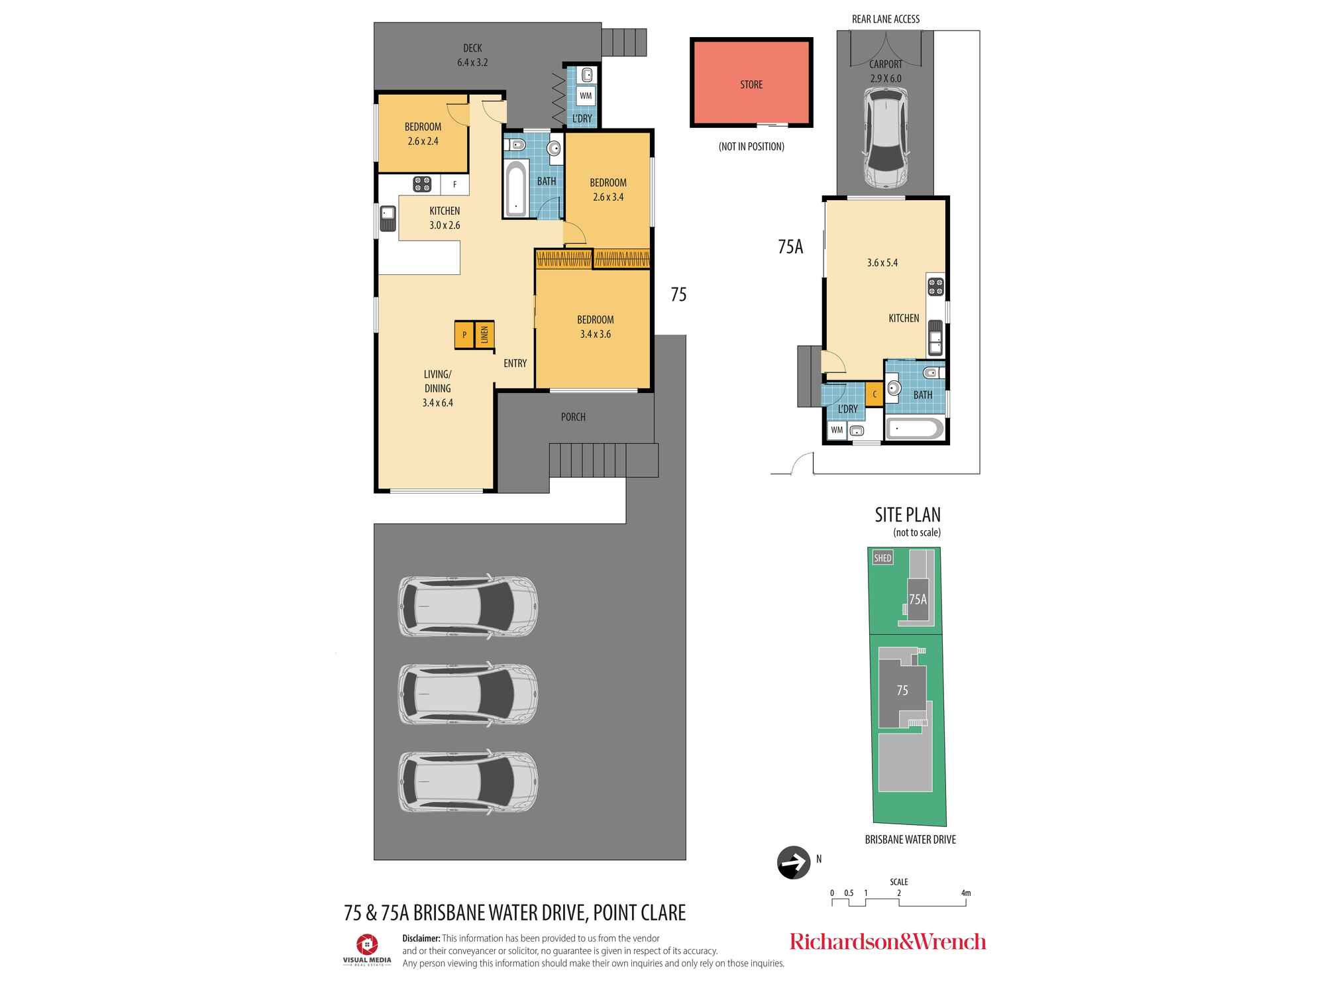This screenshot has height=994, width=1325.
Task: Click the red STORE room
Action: pos(751,83)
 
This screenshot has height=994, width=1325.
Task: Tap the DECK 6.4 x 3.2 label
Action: pos(472,55)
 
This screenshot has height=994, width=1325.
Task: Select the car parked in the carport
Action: pos(886,138)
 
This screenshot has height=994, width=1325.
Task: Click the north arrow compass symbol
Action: pos(794,862)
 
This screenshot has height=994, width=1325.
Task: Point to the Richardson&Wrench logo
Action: pos(888,942)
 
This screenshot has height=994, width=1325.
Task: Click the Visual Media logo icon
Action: pos(367,944)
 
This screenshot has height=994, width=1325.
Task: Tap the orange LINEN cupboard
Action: pos(484,335)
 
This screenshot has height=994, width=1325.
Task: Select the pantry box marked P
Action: pos(464,335)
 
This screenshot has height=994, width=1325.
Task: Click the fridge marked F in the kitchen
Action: pos(454,185)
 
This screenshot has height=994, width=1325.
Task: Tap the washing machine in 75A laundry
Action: pos(837,430)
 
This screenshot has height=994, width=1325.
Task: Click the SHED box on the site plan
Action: pos(883,558)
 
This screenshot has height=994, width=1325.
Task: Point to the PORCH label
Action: pos(573,417)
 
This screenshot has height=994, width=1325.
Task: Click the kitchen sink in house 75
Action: pos(388,218)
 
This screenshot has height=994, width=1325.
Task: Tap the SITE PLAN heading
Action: pos(908,515)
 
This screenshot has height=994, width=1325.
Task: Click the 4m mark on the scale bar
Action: pos(966,893)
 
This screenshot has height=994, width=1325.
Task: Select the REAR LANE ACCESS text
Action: pos(886,19)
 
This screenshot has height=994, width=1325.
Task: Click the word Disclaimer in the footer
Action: pos(421,938)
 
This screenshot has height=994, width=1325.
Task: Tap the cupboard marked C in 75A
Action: pos(874,394)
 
